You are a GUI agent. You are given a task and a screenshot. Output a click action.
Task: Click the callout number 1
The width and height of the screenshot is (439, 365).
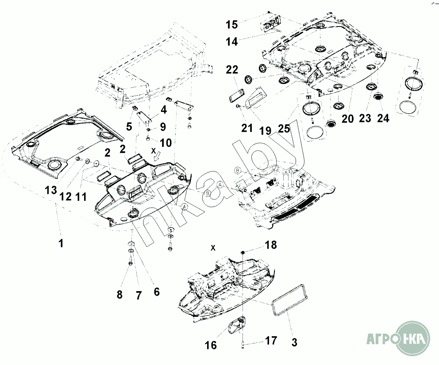coord(61,243)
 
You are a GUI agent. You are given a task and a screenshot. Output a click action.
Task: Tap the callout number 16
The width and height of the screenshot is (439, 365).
coord(210,345)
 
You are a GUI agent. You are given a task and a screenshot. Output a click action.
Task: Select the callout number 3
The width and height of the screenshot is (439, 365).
coord(294,342)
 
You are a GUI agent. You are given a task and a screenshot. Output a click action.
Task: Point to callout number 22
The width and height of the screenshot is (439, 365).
coord(232,69)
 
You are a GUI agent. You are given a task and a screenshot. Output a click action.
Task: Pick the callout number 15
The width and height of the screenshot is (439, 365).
coord(232,24)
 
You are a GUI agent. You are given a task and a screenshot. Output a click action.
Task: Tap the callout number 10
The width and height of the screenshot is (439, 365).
coord(166,142)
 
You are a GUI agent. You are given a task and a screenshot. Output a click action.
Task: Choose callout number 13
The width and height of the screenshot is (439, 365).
coord(51,190)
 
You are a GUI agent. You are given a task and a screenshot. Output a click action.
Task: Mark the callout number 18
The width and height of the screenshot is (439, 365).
coord(270,245)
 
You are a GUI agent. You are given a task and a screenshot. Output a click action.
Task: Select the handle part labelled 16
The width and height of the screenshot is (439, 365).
coord(235,325)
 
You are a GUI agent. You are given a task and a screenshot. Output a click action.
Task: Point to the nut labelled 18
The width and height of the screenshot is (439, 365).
coord(243,253)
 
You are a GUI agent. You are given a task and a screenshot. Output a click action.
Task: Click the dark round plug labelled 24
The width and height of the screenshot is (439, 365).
coord(378,97)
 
